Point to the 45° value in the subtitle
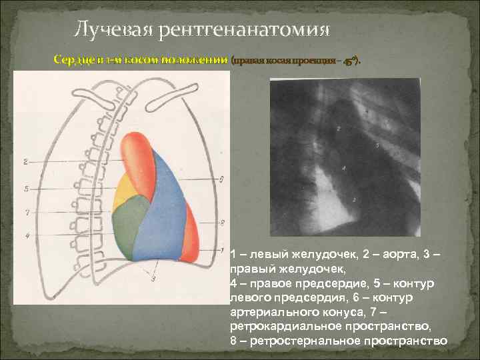pos(349,61)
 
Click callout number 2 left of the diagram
pos(25,161)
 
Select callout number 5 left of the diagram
pos(25,189)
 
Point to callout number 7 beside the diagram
pos(25,213)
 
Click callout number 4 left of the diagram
pos(25,235)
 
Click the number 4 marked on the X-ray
pos(343,168)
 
